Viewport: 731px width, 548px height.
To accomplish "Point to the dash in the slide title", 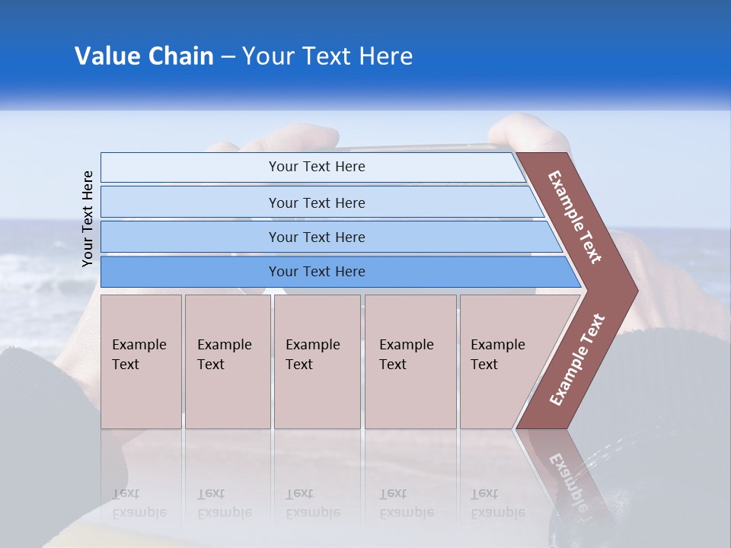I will pyautogui.click(x=228, y=57).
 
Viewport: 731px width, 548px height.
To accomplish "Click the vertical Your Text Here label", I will pyautogui.click(x=88, y=218).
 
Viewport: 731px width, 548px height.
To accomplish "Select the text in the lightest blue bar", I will pyautogui.click(x=317, y=167).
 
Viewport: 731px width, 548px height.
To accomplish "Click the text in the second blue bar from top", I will pyautogui.click(x=317, y=202).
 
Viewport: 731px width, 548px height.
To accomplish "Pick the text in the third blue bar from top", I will pyautogui.click(x=317, y=237).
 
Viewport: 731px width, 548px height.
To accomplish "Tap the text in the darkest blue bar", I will pyautogui.click(x=317, y=272).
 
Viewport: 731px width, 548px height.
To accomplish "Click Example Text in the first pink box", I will pyautogui.click(x=139, y=355).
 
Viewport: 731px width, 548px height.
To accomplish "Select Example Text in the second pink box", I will pyautogui.click(x=224, y=355).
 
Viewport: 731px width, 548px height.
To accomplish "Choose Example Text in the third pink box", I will pyautogui.click(x=312, y=355).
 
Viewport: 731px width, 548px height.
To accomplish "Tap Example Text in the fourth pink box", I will pyautogui.click(x=406, y=355).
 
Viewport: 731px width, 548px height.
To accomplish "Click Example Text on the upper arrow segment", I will pyautogui.click(x=575, y=217).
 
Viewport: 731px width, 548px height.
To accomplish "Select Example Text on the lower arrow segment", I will pyautogui.click(x=576, y=360).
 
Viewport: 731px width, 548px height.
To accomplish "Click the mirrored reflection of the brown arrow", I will pyautogui.click(x=563, y=472).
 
